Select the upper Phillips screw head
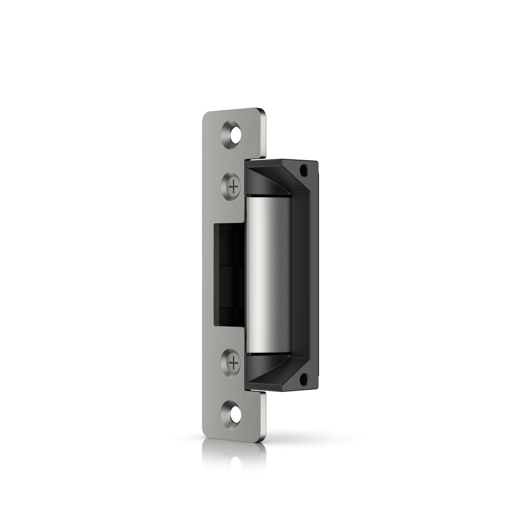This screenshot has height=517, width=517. click(234, 187)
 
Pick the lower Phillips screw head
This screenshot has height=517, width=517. click(234, 362)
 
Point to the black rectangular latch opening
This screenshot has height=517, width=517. click(229, 274)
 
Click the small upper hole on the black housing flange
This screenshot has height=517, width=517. click(304, 170)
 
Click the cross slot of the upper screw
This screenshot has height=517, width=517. click(234, 187)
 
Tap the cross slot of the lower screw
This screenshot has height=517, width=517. click(234, 362)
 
